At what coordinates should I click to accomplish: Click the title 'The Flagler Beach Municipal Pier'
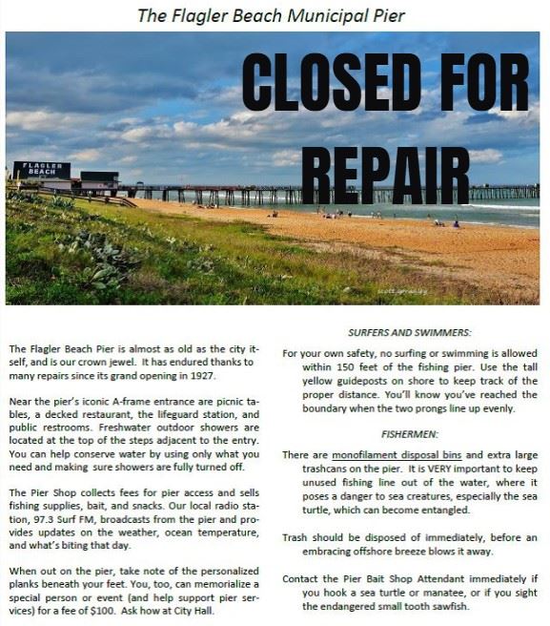271,15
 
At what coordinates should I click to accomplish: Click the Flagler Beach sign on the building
41,169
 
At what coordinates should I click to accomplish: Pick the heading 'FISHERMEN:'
410,432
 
